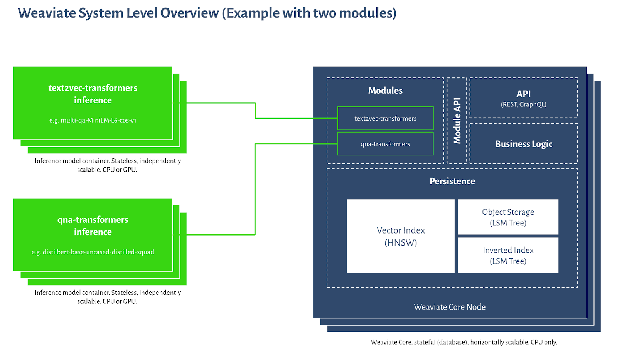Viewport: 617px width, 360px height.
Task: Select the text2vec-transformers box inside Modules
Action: tap(385, 118)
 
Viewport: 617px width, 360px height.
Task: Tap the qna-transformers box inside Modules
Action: tap(385, 144)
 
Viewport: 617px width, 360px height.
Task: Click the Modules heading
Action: tap(385, 90)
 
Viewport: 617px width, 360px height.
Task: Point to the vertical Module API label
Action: tap(457, 121)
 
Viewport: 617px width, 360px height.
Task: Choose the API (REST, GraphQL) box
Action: tap(524, 98)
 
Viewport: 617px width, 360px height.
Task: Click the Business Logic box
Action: tap(524, 144)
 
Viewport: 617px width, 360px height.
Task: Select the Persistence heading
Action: tap(452, 181)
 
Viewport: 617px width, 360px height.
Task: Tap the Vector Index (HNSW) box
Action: tap(401, 236)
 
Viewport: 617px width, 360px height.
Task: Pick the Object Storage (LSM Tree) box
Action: tap(508, 217)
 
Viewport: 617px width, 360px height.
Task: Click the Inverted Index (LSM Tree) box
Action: tap(508, 255)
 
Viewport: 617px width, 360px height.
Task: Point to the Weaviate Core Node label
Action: tap(450, 307)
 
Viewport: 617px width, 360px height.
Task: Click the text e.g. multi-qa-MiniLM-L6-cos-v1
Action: tap(93, 120)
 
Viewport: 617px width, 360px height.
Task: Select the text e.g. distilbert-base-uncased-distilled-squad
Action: tap(93, 252)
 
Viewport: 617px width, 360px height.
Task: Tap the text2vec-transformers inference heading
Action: tap(93, 94)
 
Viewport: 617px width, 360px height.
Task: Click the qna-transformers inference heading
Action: tap(93, 226)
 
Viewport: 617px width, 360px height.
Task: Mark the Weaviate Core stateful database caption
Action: tap(464, 342)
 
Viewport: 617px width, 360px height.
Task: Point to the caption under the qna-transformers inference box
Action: tap(108, 297)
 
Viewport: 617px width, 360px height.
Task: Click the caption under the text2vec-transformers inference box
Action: tap(108, 165)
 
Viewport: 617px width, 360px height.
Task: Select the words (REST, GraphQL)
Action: tap(524, 104)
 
